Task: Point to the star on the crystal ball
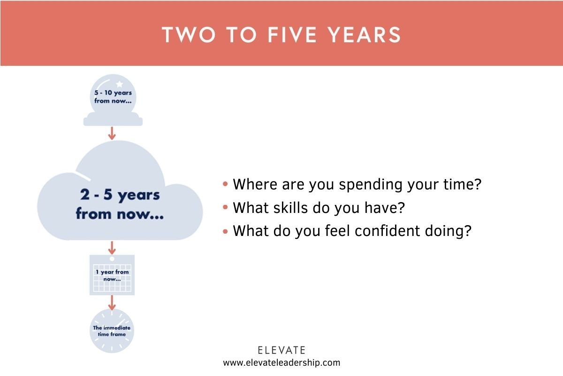coord(119,84)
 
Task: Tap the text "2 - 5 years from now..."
coord(119,205)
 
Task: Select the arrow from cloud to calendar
coord(112,247)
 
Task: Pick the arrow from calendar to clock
coord(112,303)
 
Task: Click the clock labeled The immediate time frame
coord(112,331)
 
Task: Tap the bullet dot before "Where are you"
coord(226,184)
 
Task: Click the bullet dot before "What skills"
coord(226,207)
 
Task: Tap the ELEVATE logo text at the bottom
coord(281,350)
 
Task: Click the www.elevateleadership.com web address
coord(281,362)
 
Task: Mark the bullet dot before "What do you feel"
coord(226,231)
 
